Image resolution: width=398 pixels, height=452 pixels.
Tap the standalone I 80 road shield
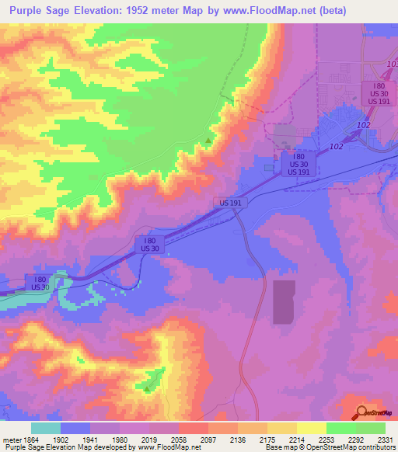[x=150, y=243]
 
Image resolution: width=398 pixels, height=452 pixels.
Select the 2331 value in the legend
[x=385, y=439]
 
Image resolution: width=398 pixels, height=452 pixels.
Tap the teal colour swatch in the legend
[x=46, y=427]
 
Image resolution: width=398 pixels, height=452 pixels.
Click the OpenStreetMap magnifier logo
[x=361, y=412]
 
